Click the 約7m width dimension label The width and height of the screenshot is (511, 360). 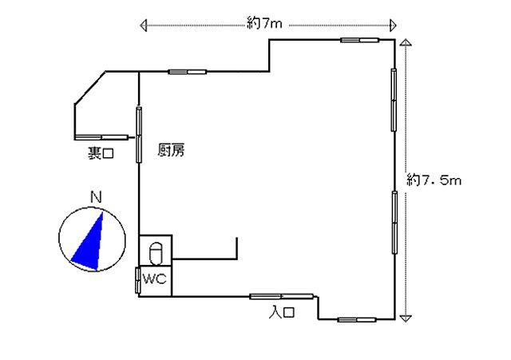coord(264,23)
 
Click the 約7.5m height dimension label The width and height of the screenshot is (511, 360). coord(434,180)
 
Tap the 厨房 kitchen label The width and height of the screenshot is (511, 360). coord(171,150)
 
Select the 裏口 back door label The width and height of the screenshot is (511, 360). coord(101,152)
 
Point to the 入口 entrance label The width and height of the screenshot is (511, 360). coord(282,312)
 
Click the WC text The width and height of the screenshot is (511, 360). coord(155,279)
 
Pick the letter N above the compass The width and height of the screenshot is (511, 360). coord(96,197)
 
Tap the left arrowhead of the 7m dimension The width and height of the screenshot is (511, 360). coord(143,25)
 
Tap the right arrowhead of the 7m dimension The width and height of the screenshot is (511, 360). coord(394,25)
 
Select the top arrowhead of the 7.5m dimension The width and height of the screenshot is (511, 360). coord(406,42)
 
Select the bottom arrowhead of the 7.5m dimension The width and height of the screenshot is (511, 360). coord(405,318)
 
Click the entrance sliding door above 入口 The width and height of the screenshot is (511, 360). coord(282,296)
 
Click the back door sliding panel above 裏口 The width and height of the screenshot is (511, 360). coord(101,137)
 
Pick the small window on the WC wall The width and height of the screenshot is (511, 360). coord(138,280)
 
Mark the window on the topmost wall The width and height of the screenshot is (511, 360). coord(359,40)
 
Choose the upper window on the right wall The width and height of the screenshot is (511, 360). coord(394,100)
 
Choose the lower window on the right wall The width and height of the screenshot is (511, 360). coord(394,222)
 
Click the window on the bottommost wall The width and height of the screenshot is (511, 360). coord(357,319)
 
